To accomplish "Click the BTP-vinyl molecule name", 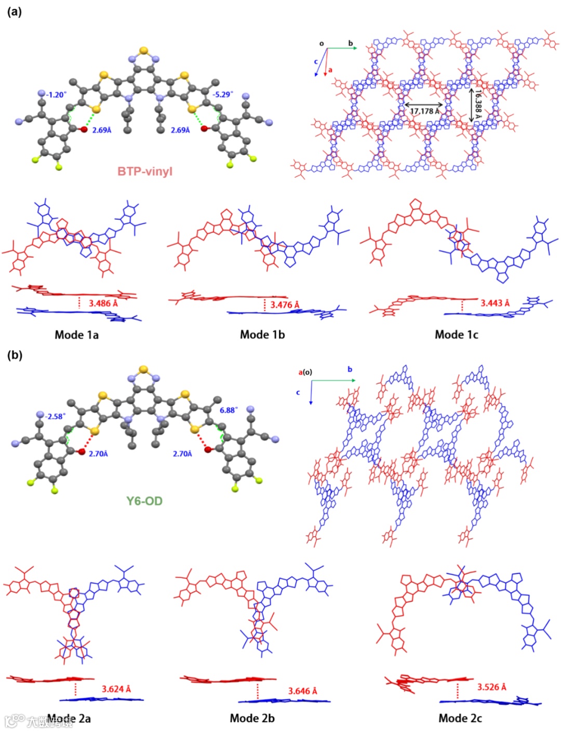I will click(x=144, y=171).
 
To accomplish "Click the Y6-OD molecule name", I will click(x=144, y=501).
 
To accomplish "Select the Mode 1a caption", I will click(x=76, y=335).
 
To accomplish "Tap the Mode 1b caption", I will click(x=262, y=335).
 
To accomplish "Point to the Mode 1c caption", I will click(x=456, y=335).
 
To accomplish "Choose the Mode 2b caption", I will click(x=252, y=718).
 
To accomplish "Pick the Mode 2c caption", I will click(x=460, y=718).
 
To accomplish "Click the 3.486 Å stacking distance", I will click(x=103, y=303).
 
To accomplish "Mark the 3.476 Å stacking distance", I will click(x=285, y=305).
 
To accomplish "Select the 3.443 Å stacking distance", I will click(x=495, y=303).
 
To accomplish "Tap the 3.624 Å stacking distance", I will click(x=116, y=689).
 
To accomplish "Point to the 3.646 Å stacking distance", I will click(x=302, y=691).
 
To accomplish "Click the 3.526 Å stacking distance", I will click(x=491, y=687).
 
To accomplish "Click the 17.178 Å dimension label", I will click(x=424, y=111).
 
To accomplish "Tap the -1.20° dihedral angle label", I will click(x=56, y=95).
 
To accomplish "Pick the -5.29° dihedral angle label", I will click(x=222, y=95).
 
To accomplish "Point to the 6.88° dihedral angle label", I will click(x=229, y=410).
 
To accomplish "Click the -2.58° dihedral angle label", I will click(x=55, y=417).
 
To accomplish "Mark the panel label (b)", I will click(x=15, y=355).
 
